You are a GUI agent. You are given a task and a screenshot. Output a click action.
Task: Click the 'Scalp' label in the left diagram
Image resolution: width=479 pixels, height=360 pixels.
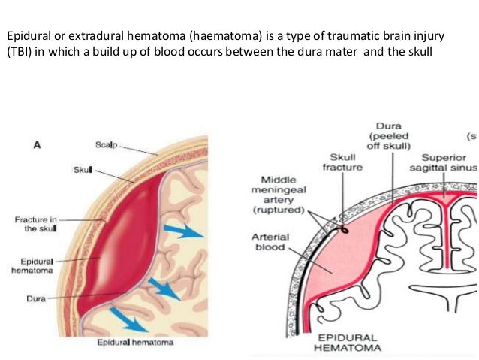click(106, 144)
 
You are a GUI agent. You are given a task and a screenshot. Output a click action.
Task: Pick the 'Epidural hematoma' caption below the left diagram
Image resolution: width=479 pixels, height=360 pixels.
click(136, 343)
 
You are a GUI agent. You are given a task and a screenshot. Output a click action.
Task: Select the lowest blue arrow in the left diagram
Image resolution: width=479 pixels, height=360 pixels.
click(128, 319)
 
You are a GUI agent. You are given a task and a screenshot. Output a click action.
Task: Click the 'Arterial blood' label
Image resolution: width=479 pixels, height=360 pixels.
click(270, 242)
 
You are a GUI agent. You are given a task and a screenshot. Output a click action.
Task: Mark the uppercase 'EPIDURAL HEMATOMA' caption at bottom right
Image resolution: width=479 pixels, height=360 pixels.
click(348, 342)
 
